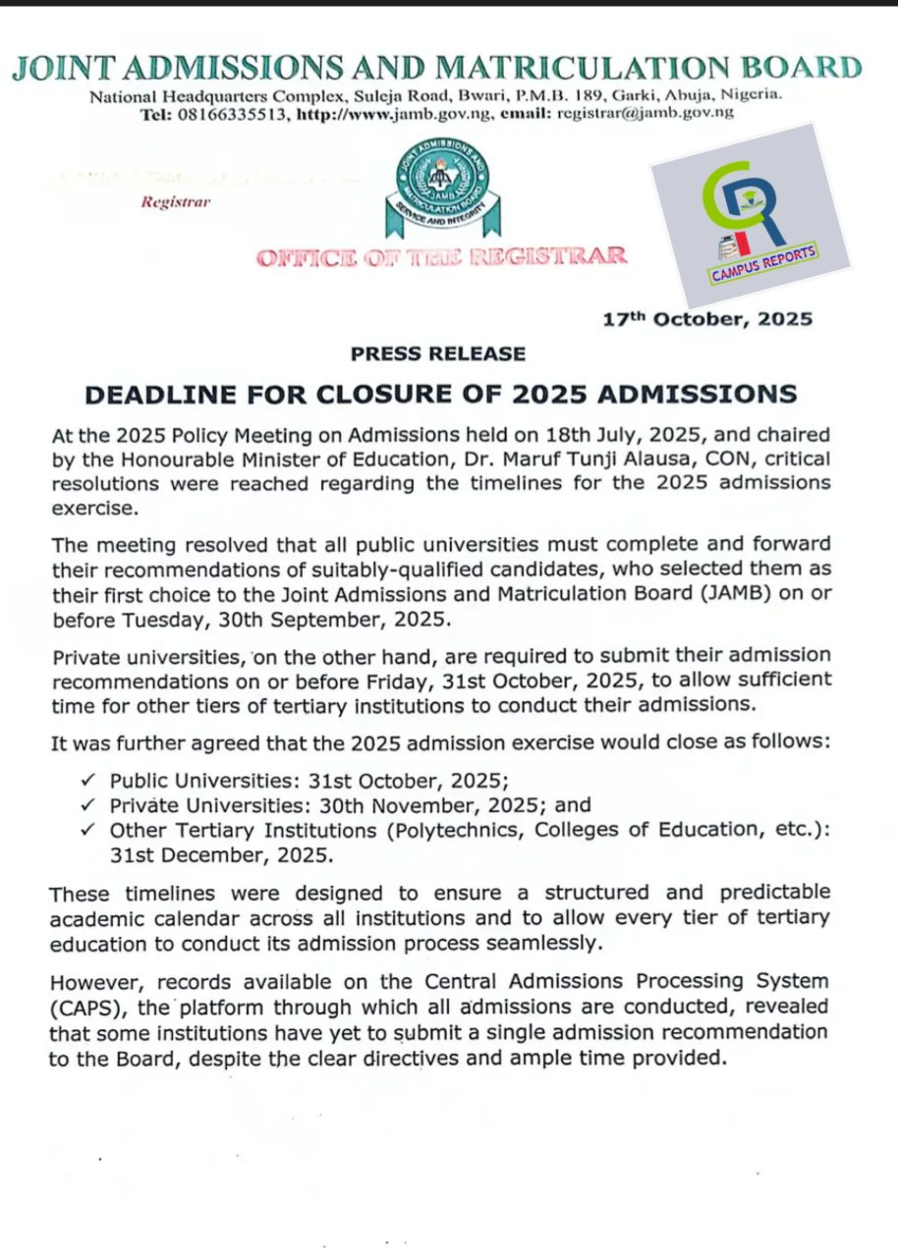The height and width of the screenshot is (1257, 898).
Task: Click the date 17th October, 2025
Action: click(707, 319)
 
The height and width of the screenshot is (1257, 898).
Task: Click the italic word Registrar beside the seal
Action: click(175, 202)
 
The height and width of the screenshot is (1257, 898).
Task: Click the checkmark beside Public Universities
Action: click(89, 781)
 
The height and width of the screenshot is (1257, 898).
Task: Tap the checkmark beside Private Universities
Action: click(89, 805)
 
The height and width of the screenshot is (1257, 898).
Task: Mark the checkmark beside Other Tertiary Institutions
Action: click(89, 830)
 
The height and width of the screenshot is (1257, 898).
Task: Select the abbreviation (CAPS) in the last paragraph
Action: click(84, 1007)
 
